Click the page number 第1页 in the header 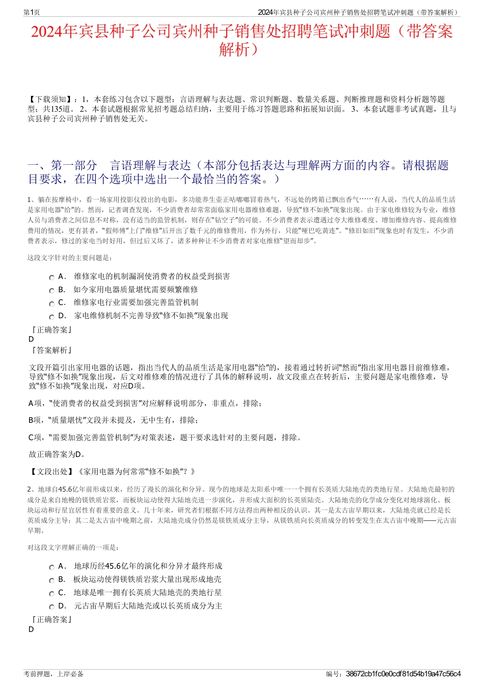32,12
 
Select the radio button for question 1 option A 51,277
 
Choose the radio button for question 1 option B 51,291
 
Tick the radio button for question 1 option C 51,304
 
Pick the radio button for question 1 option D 51,317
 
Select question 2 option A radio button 51,567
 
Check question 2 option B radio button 51,580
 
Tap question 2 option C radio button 51,594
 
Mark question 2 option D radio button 51,607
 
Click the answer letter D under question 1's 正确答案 31,339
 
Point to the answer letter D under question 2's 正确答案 31,629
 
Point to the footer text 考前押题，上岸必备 53,674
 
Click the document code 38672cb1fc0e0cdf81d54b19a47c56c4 403,674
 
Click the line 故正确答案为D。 58,454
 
